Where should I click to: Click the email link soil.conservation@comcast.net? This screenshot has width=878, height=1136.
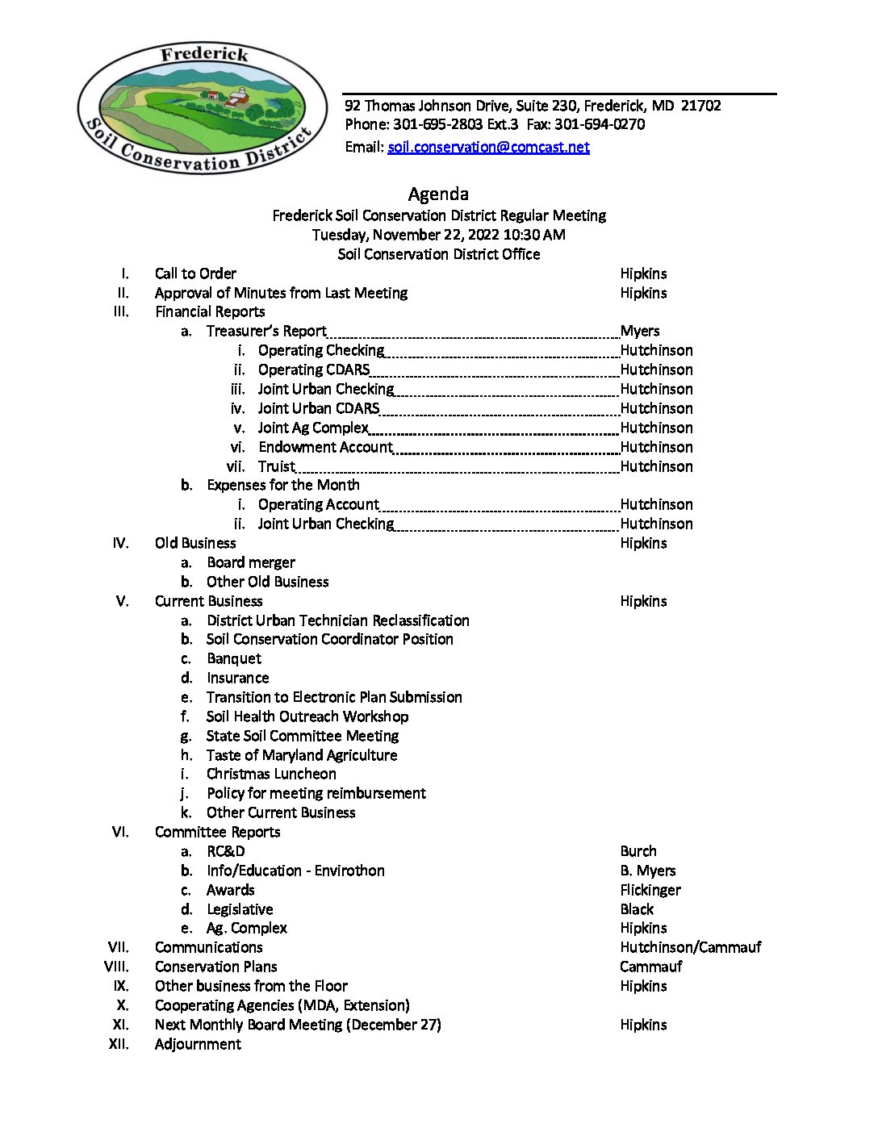[488, 147]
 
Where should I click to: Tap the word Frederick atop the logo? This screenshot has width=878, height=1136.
[204, 54]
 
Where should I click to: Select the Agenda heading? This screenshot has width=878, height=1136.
[438, 194]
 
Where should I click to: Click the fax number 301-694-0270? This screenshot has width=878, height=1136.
[600, 124]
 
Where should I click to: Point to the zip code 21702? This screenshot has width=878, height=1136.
[700, 106]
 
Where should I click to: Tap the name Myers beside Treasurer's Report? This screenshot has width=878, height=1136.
[640, 331]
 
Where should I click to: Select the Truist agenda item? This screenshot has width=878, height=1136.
[276, 466]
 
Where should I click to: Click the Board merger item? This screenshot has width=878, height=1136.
[251, 562]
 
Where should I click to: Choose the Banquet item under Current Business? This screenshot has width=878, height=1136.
[234, 658]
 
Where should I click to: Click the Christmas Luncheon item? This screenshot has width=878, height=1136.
[271, 774]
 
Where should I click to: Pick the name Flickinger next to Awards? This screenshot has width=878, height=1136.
[650, 890]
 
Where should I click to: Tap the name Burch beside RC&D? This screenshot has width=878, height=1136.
[638, 851]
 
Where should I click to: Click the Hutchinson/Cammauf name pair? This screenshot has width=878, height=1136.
[690, 947]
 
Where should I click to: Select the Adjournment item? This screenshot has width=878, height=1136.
[198, 1044]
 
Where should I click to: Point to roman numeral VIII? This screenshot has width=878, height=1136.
[117, 967]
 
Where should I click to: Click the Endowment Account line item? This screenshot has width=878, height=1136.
[325, 447]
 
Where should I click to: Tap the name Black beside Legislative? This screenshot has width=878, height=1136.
[637, 909]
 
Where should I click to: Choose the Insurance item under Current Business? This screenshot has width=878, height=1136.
[237, 678]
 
